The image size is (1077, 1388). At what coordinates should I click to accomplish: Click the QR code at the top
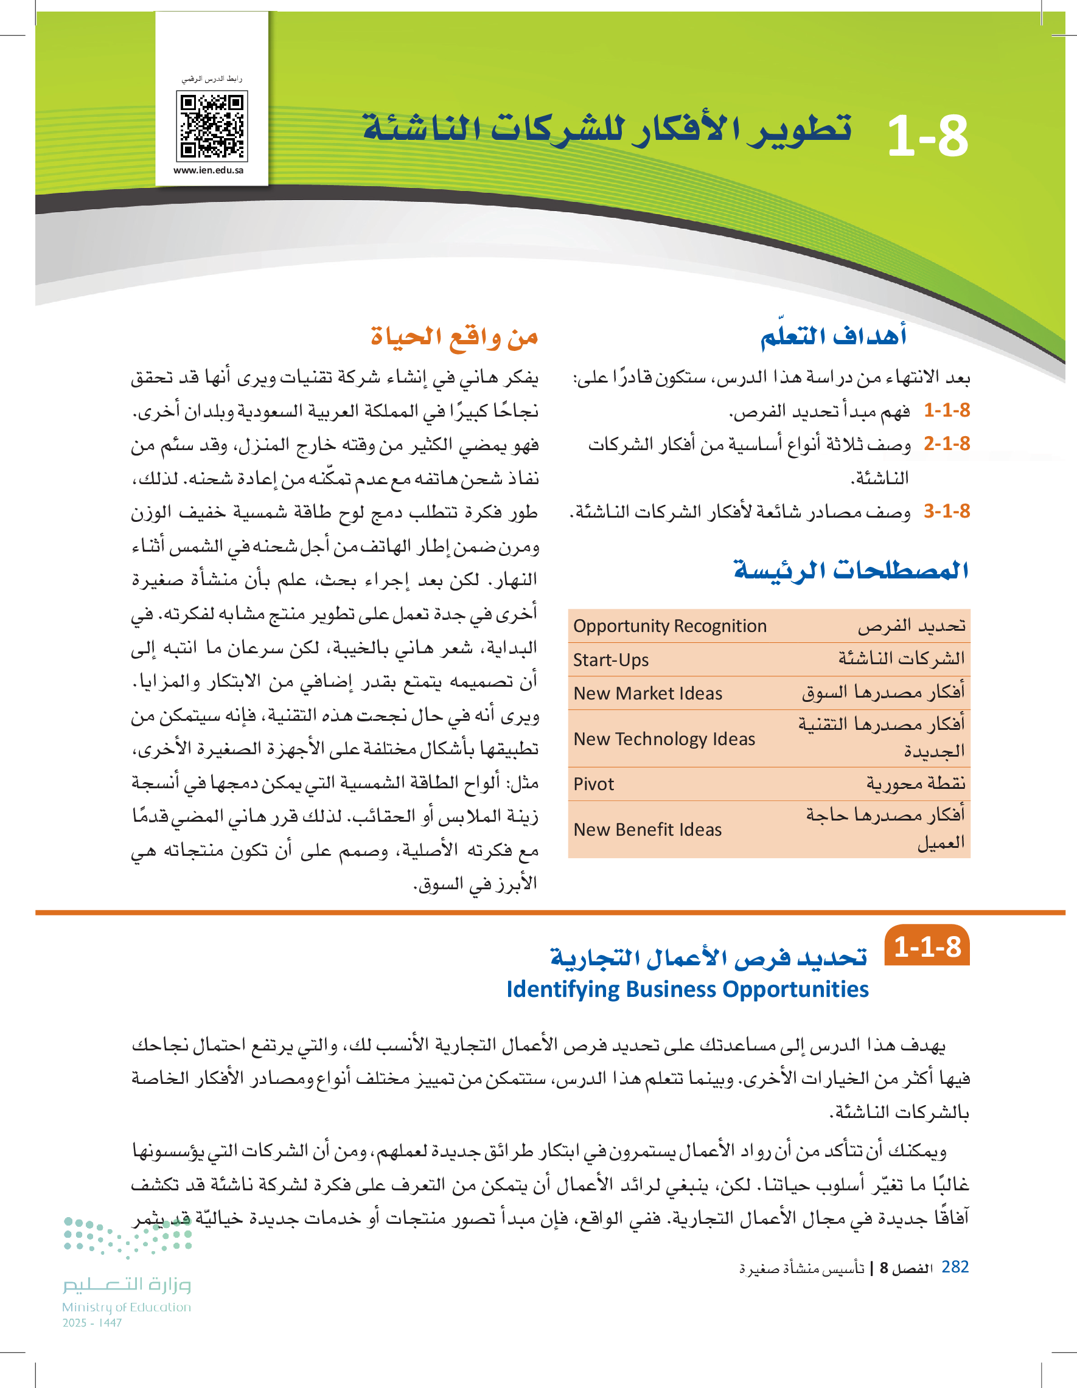(212, 126)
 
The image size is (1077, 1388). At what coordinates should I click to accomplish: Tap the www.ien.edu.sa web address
(209, 170)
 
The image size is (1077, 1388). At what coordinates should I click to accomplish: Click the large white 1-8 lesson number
(927, 137)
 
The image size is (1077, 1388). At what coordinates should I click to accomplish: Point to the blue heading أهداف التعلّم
(834, 336)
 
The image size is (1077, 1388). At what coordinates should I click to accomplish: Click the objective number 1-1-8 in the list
(947, 411)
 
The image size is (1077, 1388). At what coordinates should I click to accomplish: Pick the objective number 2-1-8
(947, 443)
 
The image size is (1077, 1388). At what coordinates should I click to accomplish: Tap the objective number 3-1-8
(947, 511)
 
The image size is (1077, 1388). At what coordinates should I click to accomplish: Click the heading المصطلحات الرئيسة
(851, 570)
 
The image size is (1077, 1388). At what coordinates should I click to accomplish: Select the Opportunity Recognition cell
(670, 626)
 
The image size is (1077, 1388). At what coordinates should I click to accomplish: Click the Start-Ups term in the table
(611, 661)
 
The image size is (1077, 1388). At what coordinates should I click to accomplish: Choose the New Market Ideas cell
(648, 693)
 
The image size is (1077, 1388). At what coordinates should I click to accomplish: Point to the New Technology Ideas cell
(664, 739)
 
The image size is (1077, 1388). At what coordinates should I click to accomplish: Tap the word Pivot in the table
(594, 784)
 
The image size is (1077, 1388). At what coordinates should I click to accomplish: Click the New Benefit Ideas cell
(648, 830)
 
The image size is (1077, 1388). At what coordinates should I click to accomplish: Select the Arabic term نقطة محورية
(916, 784)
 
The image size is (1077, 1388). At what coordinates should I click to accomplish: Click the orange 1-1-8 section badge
(927, 948)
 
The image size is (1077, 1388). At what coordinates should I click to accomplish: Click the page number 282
(955, 1267)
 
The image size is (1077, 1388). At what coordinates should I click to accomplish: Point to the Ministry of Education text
(127, 1307)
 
